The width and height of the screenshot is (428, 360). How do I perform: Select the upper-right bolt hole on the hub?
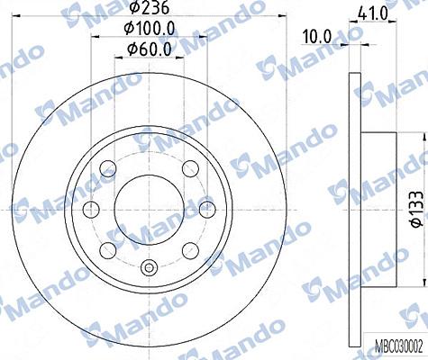pos(188,169)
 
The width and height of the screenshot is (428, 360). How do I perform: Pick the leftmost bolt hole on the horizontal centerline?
pos(91,209)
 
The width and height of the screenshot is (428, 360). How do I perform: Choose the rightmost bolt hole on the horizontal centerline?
pos(205,209)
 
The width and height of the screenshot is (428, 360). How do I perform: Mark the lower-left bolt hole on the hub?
pos(109,248)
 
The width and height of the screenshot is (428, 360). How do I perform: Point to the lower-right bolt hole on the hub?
pos(188,248)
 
